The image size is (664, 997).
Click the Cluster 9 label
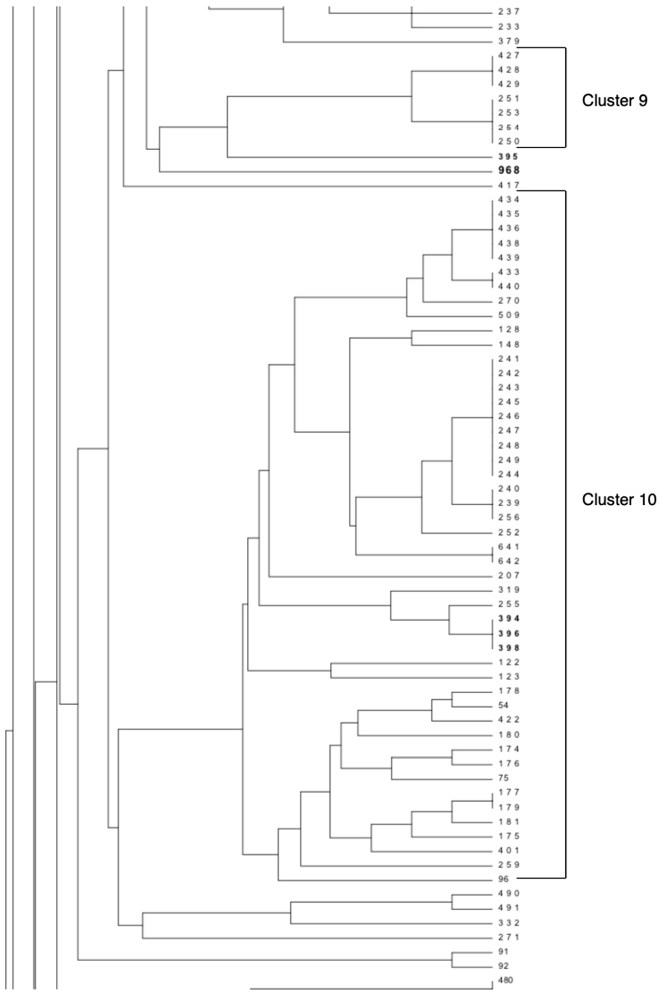(615, 101)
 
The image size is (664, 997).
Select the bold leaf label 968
(508, 171)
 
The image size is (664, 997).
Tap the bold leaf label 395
(508, 156)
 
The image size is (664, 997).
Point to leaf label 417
(508, 185)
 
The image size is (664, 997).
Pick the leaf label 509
(508, 315)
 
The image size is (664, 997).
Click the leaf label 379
(508, 41)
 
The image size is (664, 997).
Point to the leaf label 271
(508, 937)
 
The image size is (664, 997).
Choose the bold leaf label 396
(508, 633)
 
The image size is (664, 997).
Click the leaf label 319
(508, 590)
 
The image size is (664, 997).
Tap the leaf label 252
(508, 532)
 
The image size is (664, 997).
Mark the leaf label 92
(503, 966)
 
